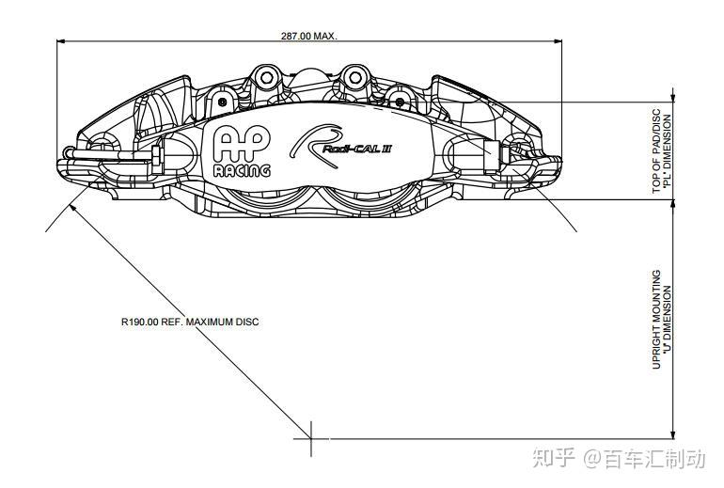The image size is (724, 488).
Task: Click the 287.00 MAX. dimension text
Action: click(x=308, y=36)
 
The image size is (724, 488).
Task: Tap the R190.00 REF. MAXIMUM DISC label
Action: click(x=189, y=322)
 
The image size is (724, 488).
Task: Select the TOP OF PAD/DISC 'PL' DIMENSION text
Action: click(x=663, y=152)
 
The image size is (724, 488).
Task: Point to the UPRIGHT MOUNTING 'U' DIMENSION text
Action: click(x=663, y=320)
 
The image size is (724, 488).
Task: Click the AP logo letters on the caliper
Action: click(x=241, y=143)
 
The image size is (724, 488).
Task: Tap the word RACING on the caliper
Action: click(x=241, y=170)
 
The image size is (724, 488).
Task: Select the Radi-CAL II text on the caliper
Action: click(x=355, y=148)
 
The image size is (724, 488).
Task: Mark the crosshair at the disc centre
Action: click(x=311, y=438)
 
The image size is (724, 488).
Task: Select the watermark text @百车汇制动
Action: click(x=643, y=458)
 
